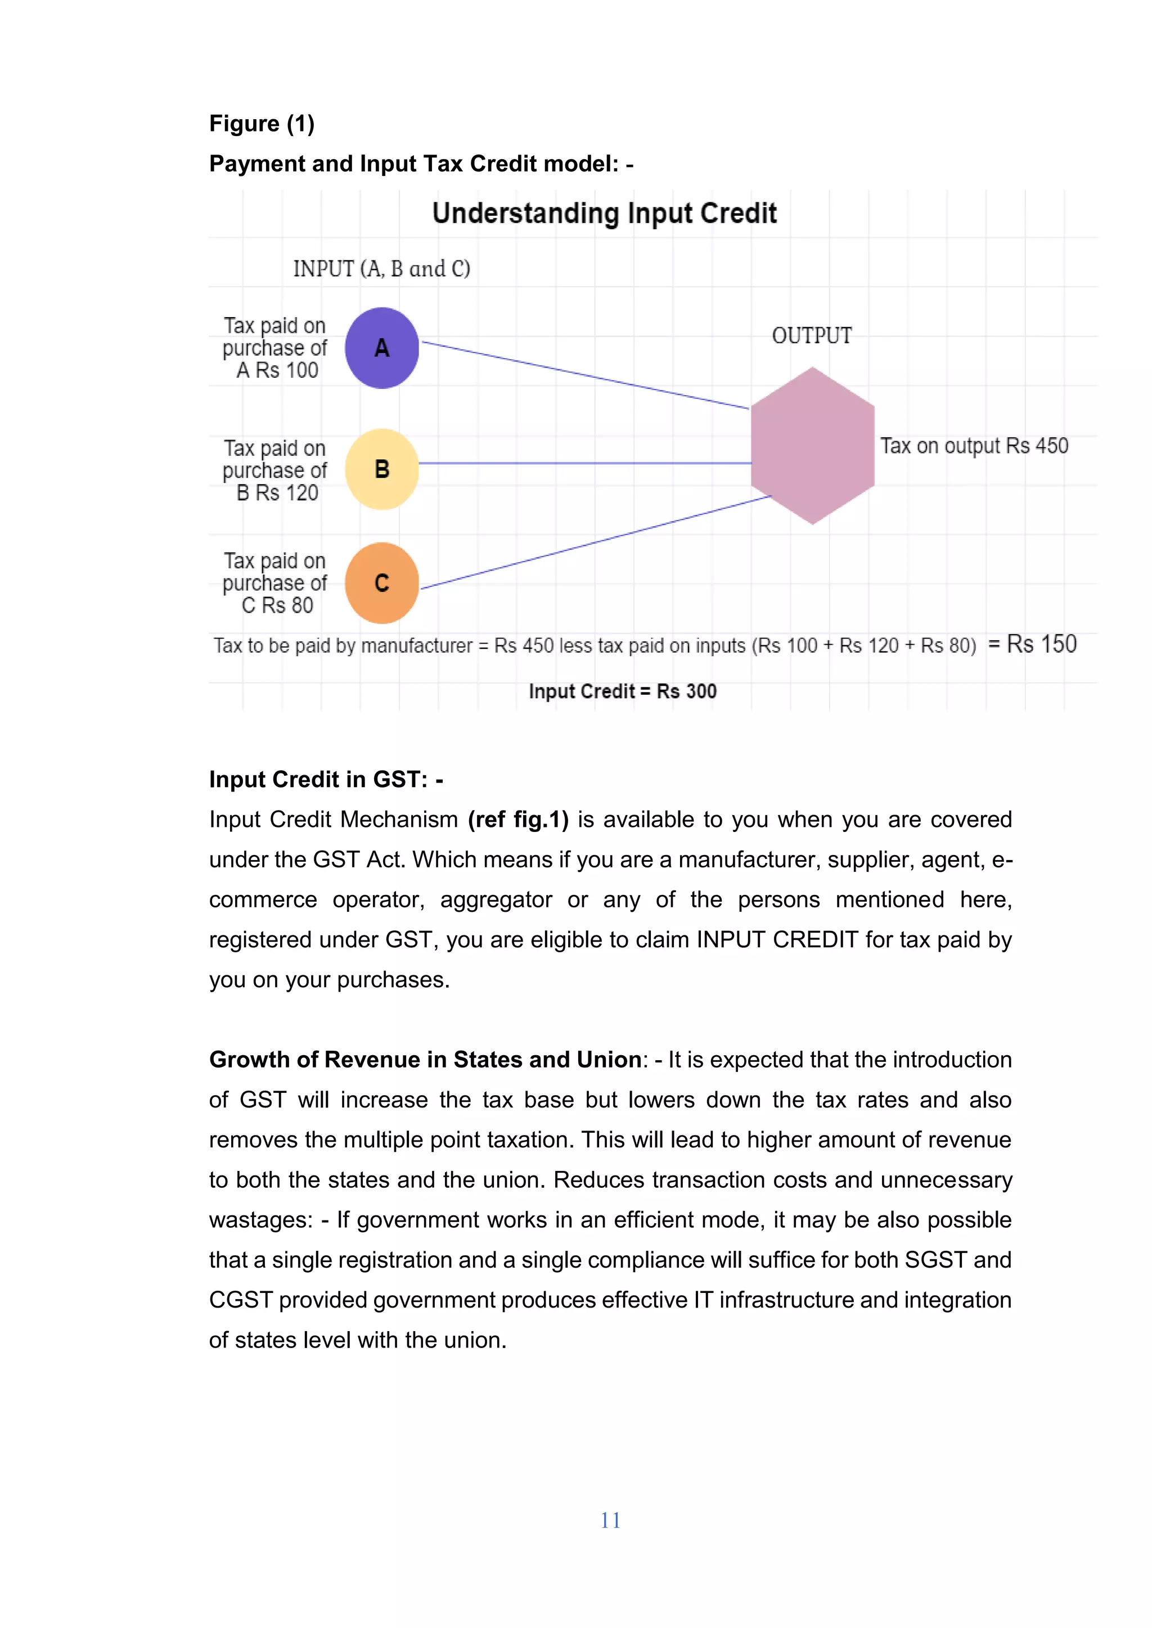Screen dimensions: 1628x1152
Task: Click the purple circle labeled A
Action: (381, 348)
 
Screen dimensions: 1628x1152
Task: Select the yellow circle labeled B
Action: (381, 469)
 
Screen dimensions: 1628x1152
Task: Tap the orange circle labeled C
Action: (381, 583)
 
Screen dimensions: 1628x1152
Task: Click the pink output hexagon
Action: (812, 446)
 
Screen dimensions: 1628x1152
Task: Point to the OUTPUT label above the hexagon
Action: (812, 336)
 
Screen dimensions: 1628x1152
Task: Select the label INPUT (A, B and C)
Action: (381, 269)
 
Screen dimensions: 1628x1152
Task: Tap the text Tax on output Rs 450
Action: (974, 446)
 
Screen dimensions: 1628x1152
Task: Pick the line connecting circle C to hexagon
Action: (596, 542)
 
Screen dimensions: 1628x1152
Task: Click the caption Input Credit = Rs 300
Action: (622, 691)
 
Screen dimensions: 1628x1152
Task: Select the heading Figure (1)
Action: (262, 124)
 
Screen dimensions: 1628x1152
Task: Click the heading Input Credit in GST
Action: (326, 779)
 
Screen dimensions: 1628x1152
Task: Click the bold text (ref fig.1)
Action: (518, 820)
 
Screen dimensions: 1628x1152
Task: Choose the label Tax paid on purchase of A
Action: (275, 348)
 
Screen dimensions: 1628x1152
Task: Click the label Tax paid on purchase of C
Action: (275, 583)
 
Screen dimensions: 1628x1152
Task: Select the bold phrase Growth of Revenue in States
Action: (426, 1059)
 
